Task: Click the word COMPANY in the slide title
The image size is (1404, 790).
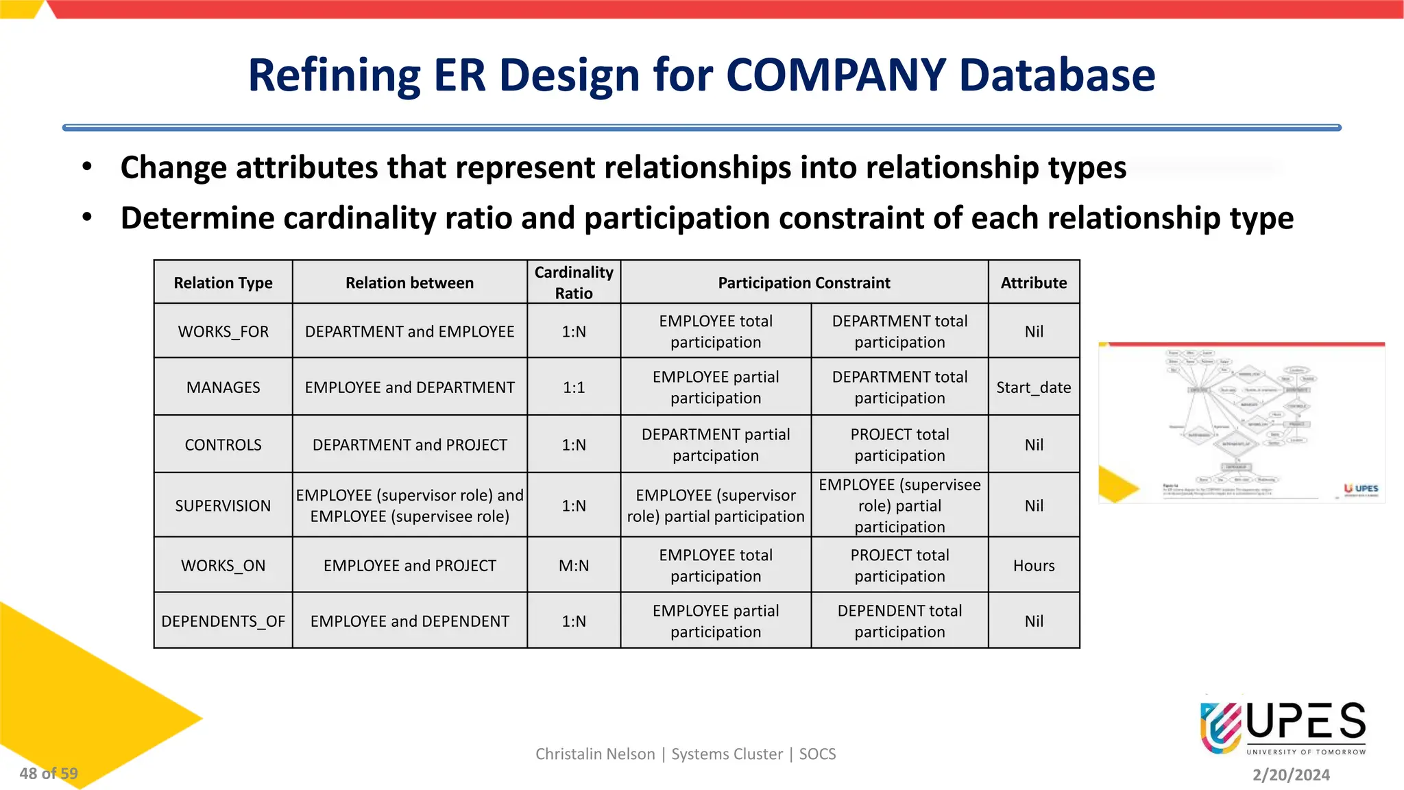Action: click(835, 75)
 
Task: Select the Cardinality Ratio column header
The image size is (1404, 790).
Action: click(574, 283)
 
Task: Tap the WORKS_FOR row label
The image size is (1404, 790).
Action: click(223, 332)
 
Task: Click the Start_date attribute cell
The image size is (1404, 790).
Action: click(1033, 387)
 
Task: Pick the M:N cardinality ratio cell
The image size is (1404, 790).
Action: click(574, 566)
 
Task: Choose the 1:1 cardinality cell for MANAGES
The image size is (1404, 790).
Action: click(574, 387)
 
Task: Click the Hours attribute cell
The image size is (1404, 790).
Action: click(1033, 566)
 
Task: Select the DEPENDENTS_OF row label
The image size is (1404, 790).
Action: click(223, 621)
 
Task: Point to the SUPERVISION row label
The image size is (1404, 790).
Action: click(223, 506)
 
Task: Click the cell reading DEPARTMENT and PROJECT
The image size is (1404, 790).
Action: click(409, 445)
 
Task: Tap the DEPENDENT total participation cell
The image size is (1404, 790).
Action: click(899, 621)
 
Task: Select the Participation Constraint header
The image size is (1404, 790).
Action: click(803, 283)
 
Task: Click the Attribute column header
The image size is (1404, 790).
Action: click(1033, 283)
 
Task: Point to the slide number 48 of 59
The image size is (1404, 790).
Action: click(49, 774)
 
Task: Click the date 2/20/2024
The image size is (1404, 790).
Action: click(1291, 775)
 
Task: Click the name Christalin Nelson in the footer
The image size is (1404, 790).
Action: click(595, 754)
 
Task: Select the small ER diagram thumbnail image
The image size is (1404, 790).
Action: click(1241, 423)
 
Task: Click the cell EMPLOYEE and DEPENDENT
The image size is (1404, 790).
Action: click(409, 621)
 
